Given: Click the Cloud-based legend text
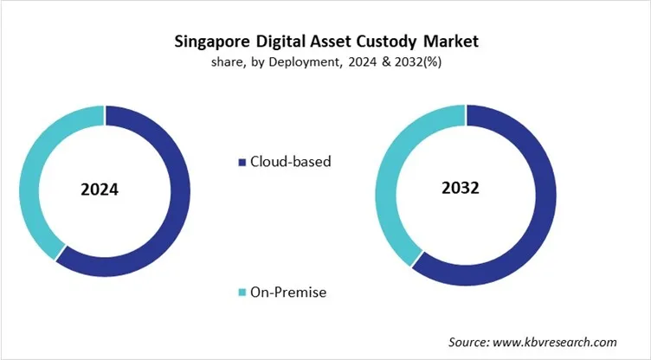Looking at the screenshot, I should pos(290,161).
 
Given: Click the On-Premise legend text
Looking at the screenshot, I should pos(289,292).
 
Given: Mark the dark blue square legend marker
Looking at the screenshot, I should pos(242,162).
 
